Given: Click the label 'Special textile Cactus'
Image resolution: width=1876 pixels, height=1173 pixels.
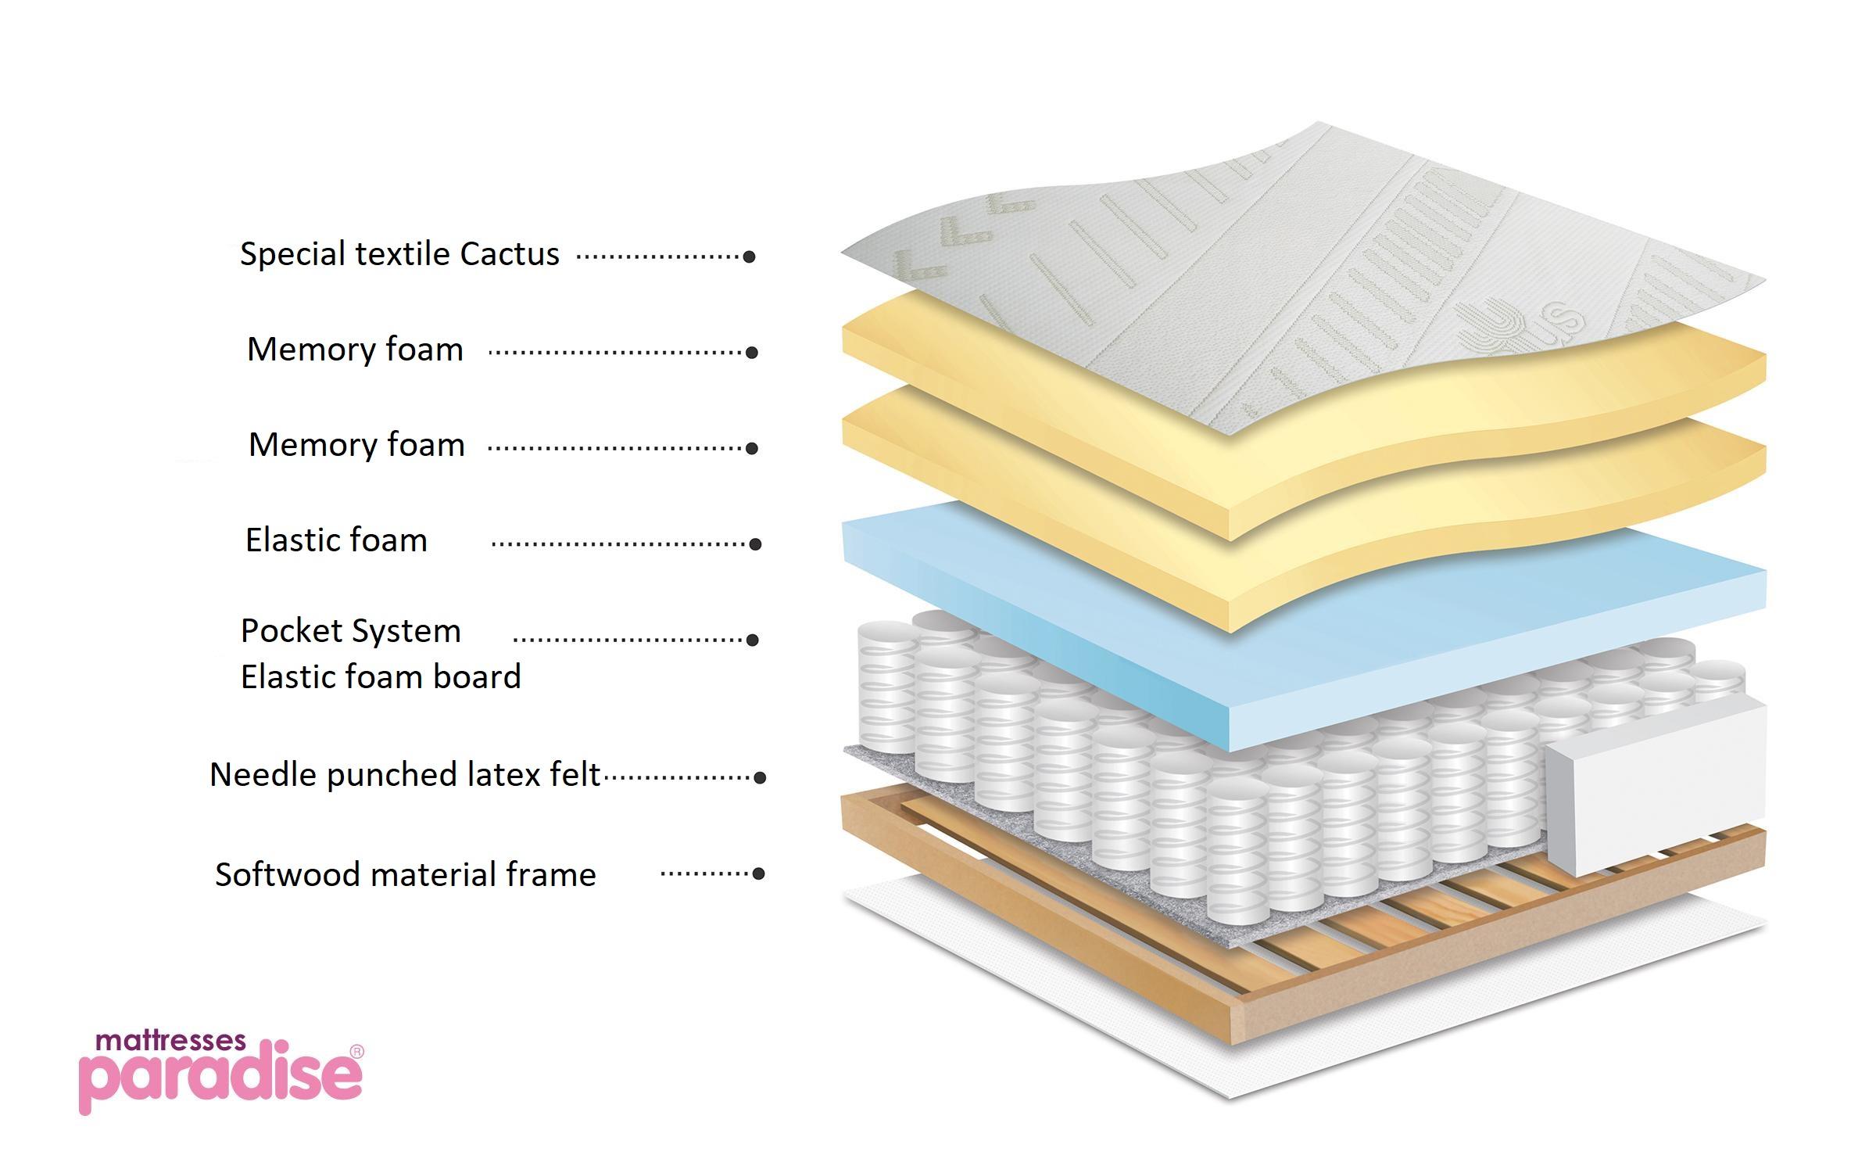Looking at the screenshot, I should [399, 254].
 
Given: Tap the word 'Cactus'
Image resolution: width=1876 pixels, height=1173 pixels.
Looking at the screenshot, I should [510, 254].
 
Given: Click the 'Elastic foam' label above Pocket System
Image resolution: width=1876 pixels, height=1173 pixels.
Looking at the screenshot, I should [336, 540].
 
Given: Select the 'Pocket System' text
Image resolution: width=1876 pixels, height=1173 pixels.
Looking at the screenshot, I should [350, 631].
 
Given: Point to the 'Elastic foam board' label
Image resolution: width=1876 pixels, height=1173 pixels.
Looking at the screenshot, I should [381, 677].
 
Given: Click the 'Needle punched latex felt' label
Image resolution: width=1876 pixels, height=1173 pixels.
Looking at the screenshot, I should [405, 775].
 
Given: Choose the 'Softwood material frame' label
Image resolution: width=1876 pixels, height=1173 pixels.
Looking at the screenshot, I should [405, 874].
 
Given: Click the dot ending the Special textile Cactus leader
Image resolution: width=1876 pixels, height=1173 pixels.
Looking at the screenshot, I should [749, 256].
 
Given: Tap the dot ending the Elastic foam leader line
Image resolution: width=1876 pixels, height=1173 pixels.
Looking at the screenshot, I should [755, 544].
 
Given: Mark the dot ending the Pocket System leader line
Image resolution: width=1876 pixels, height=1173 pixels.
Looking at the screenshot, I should [753, 640].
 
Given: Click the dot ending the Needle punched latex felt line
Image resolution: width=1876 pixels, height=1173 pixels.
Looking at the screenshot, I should [759, 777].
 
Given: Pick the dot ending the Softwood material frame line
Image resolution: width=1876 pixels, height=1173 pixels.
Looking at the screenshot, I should [757, 873].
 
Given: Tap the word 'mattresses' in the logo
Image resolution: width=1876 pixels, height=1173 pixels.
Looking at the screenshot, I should [170, 1041].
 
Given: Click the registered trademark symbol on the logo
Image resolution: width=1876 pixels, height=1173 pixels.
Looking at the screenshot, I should [356, 1052].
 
